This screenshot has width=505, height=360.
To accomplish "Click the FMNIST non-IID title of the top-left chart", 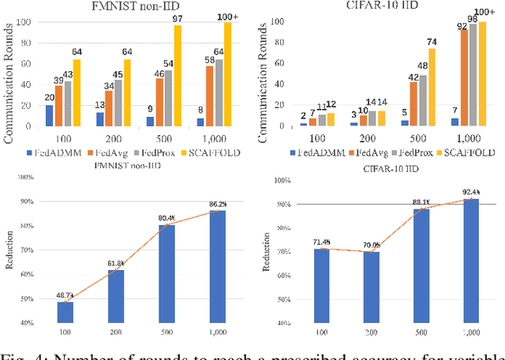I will (x=125, y=7).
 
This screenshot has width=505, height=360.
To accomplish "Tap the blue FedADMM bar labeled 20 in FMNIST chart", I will (x=50, y=116).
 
